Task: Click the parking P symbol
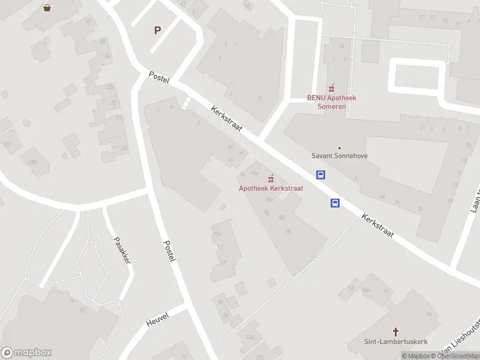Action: (158, 30)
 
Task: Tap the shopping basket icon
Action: (47, 8)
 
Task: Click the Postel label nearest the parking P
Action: (160, 77)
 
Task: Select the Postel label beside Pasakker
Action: (170, 250)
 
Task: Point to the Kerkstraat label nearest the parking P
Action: (226, 121)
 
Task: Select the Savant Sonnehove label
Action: (340, 156)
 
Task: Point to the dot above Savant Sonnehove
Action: (340, 148)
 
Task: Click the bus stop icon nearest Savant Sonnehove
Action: (322, 175)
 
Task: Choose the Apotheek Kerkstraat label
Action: (271, 188)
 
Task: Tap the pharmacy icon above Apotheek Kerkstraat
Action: (271, 178)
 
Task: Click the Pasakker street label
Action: (122, 250)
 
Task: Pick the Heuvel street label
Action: (158, 319)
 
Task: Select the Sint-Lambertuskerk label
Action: (396, 342)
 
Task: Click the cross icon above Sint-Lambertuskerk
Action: (396, 332)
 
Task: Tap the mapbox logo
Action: (26, 353)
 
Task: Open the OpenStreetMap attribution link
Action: (455, 356)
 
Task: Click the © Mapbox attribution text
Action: (416, 356)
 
